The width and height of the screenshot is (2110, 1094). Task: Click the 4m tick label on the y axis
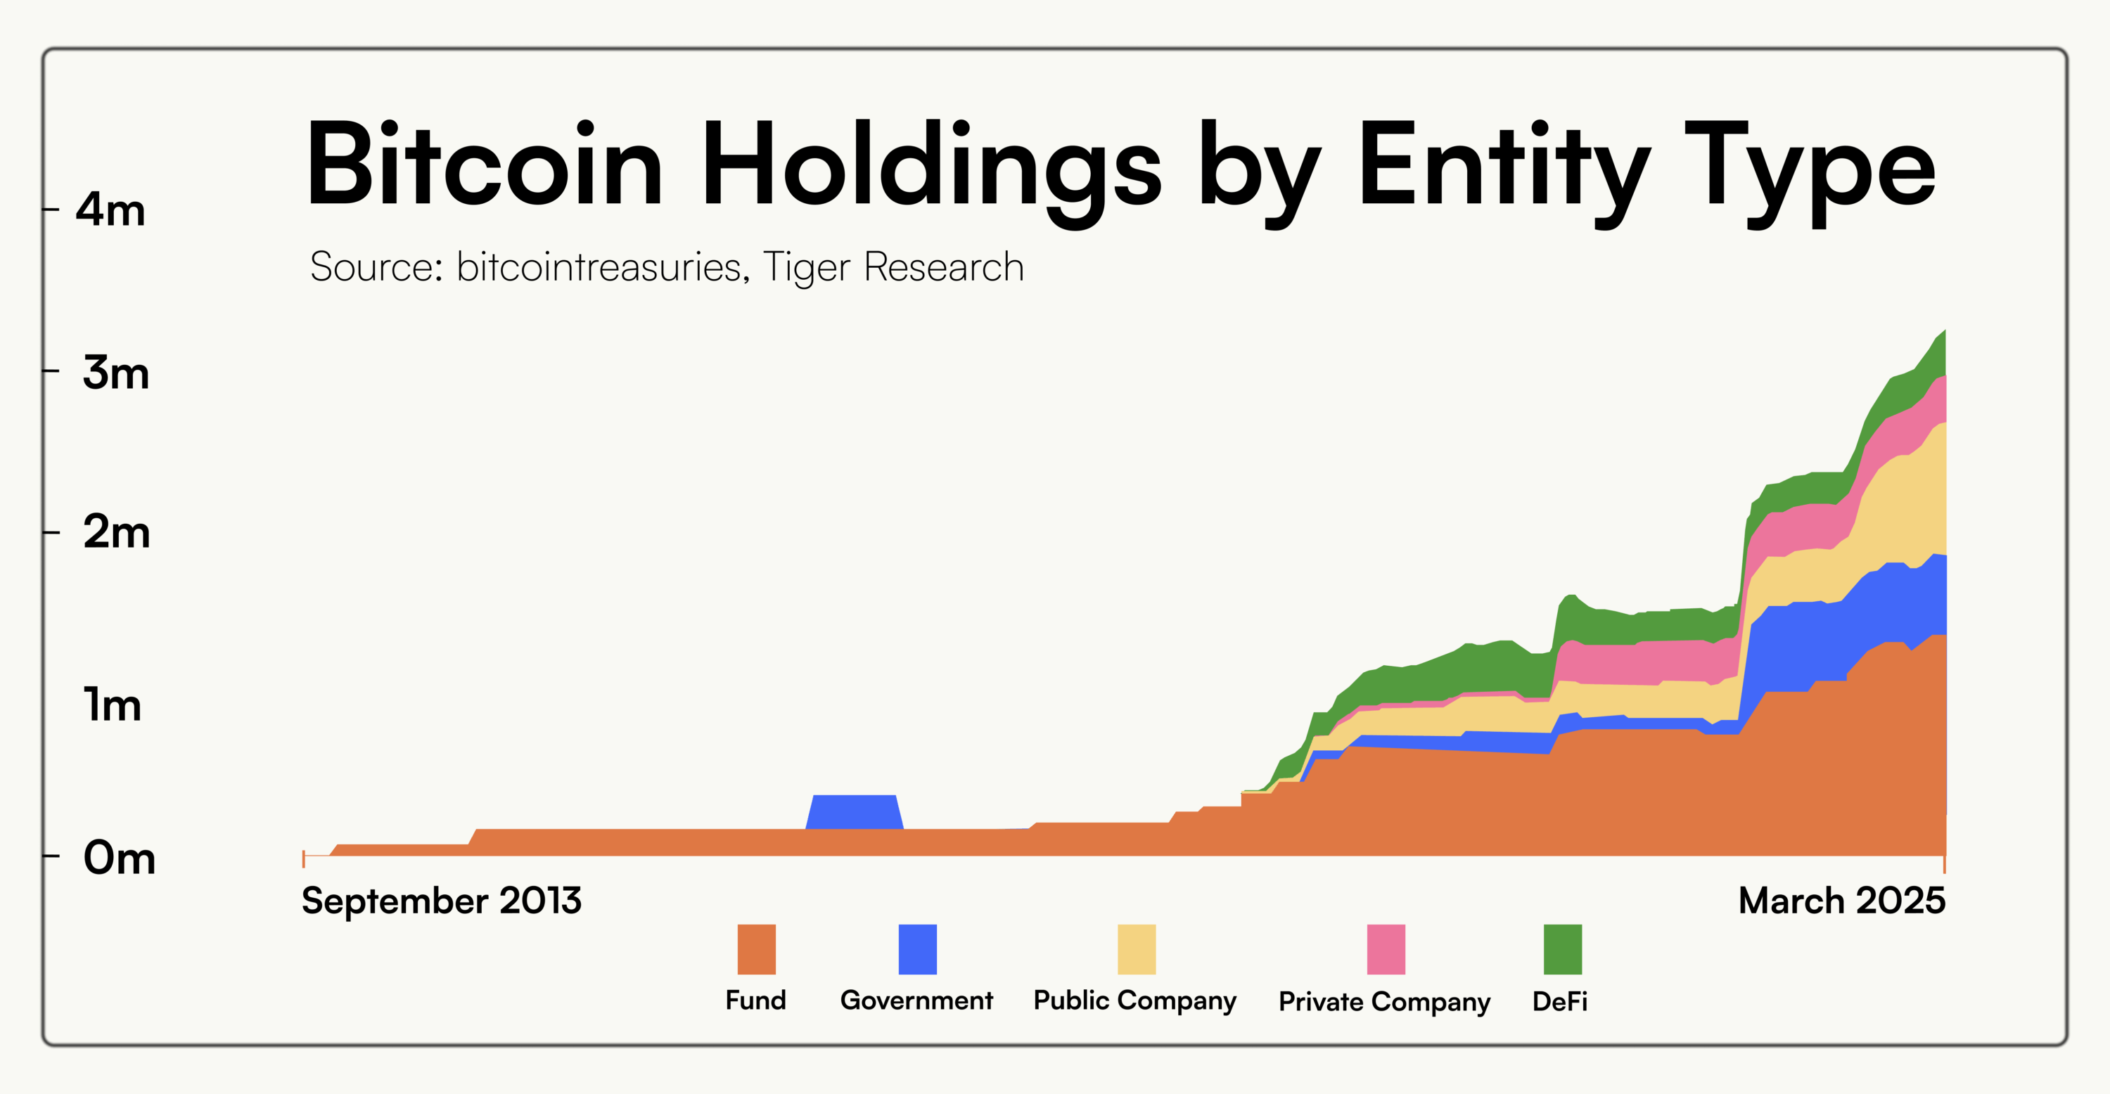pyautogui.click(x=110, y=210)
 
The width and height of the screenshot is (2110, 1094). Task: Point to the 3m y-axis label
pyautogui.click(x=115, y=373)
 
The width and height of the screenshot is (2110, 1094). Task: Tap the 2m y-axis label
pyautogui.click(x=116, y=532)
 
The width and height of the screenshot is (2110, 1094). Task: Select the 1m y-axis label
pyautogui.click(x=113, y=704)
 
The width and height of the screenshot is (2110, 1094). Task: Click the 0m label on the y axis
pyautogui.click(x=119, y=858)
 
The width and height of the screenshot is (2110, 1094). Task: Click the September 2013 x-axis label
pyautogui.click(x=442, y=901)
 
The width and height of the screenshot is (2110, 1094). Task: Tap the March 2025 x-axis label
pyautogui.click(x=1841, y=901)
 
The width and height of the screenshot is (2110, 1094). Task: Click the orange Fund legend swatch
pyautogui.click(x=756, y=949)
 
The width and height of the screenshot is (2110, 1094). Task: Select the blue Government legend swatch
pyautogui.click(x=917, y=949)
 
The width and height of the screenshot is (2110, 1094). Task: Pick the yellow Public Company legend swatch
pyautogui.click(x=1136, y=949)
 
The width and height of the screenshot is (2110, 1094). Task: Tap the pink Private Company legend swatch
pyautogui.click(x=1386, y=949)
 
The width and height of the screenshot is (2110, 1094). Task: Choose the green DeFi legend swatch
pyautogui.click(x=1562, y=949)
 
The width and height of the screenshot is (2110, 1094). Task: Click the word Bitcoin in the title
pyautogui.click(x=483, y=164)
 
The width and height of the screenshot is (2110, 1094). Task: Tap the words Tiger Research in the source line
pyautogui.click(x=893, y=267)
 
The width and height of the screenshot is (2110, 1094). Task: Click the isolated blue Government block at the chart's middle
pyautogui.click(x=855, y=811)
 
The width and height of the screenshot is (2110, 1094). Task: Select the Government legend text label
pyautogui.click(x=916, y=1000)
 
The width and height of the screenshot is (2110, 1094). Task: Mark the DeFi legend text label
pyautogui.click(x=1559, y=1000)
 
